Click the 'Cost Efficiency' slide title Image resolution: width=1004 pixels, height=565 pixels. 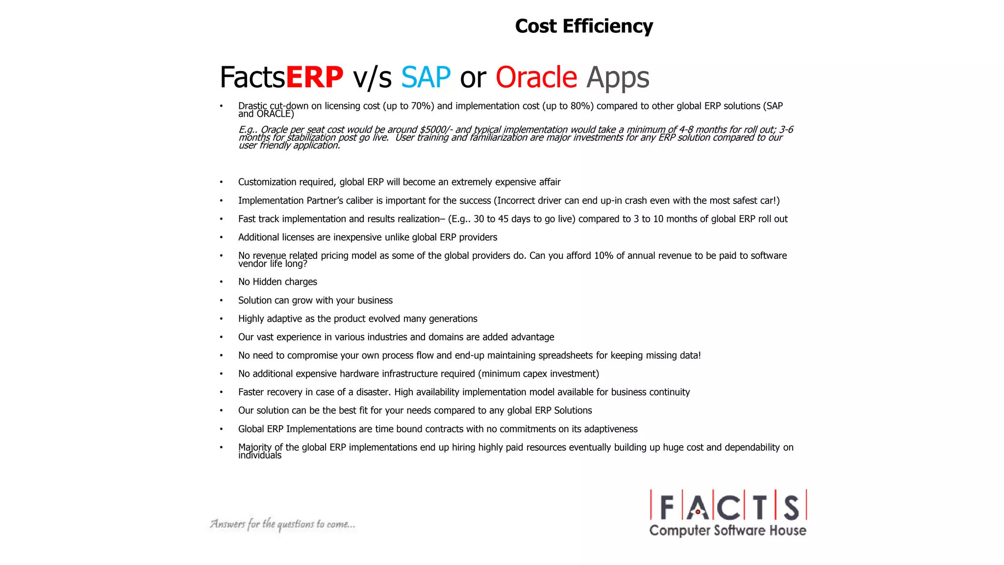[x=583, y=26]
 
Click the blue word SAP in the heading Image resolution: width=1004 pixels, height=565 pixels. [x=426, y=77]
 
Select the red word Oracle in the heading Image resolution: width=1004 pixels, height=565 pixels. [x=536, y=77]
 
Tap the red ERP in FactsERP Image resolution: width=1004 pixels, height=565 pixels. [x=314, y=77]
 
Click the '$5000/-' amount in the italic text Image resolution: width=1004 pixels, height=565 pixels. [x=436, y=129]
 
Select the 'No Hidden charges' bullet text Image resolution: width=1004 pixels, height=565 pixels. [x=277, y=282]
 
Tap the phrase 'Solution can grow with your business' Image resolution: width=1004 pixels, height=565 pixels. [x=315, y=300]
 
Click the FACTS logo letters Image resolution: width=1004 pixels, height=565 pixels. [x=728, y=506]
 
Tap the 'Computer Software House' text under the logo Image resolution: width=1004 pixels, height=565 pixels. [x=728, y=531]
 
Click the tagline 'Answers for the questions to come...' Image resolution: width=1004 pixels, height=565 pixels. [x=282, y=524]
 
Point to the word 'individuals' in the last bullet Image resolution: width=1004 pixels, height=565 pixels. [x=260, y=456]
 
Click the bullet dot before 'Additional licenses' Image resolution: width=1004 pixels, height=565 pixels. [x=221, y=238]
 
